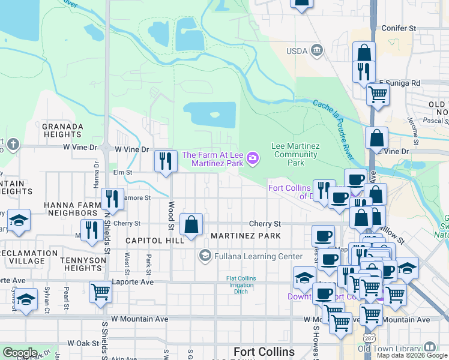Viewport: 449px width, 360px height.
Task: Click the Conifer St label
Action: tap(399, 28)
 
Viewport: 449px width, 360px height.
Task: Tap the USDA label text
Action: tap(296, 50)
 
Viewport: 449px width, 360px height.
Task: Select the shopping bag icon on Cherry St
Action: tap(191, 225)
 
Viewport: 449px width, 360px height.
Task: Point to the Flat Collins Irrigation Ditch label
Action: tap(241, 286)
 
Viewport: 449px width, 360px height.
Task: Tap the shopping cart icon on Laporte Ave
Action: tap(100, 293)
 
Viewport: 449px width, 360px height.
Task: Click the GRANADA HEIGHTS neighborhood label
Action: tap(62, 131)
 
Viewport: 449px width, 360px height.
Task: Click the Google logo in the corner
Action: tap(20, 352)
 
